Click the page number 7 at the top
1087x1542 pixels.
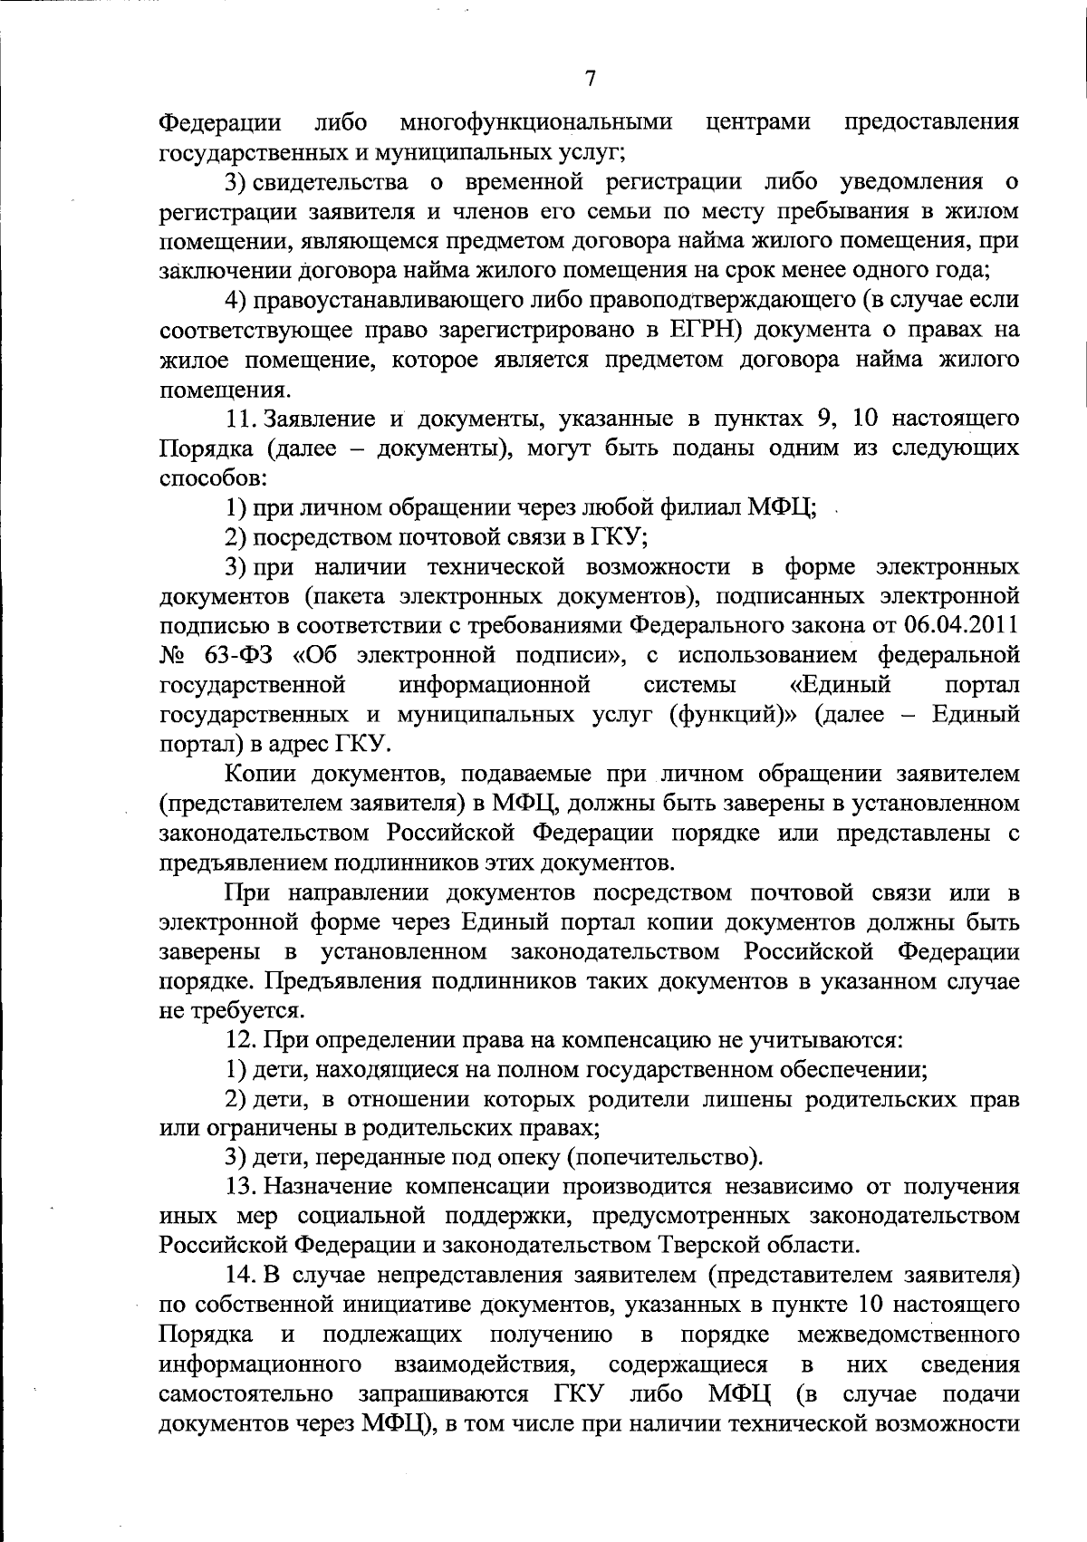point(590,79)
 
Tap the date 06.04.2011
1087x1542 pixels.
point(961,625)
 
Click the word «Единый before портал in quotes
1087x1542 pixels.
point(840,684)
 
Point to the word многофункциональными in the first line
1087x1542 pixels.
point(537,121)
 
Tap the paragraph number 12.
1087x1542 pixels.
point(243,1040)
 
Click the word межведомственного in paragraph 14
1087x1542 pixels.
point(908,1335)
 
